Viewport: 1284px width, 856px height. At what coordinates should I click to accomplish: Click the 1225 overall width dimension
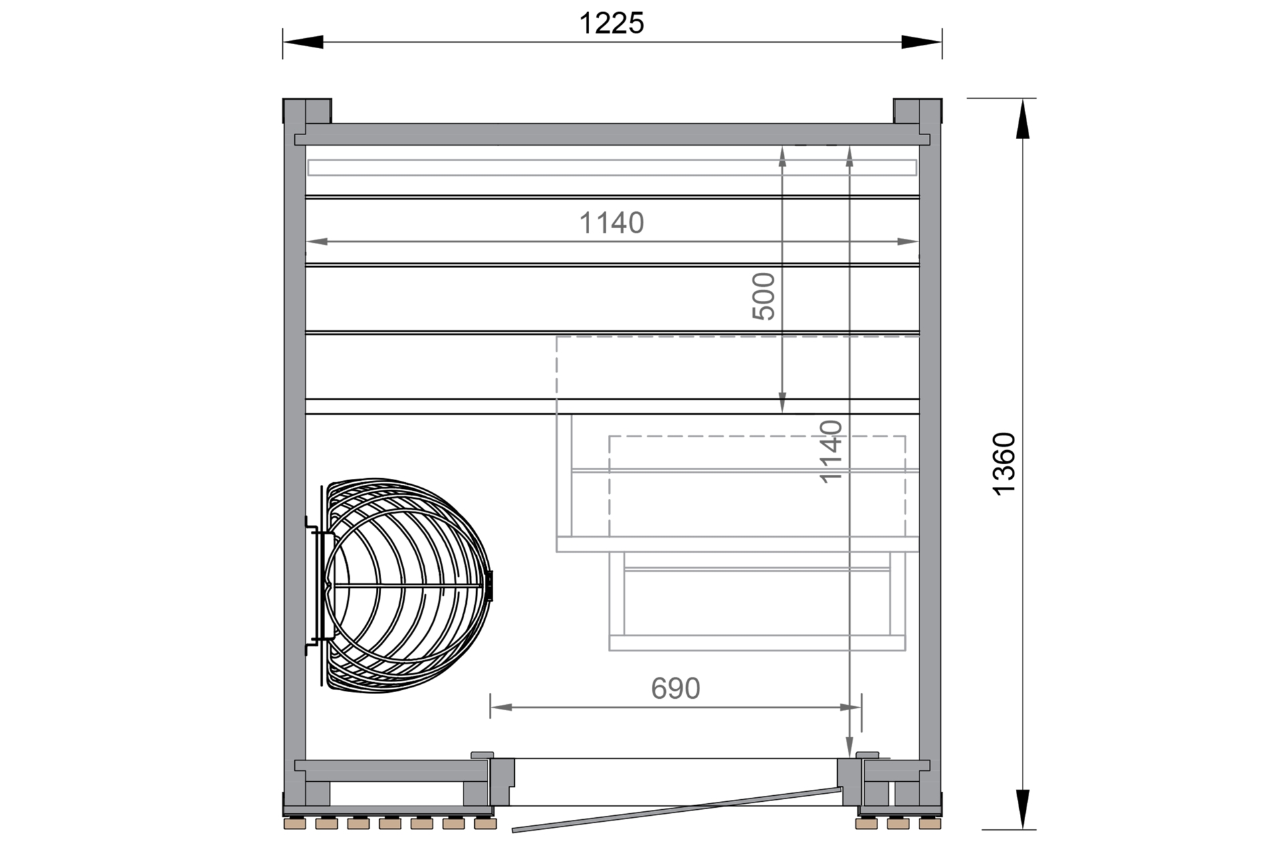[611, 23]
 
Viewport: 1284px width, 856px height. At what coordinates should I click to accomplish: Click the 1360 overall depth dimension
[1004, 463]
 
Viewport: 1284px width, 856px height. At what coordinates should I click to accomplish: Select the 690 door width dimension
[675, 688]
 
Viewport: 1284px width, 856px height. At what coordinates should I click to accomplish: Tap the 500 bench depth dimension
[764, 296]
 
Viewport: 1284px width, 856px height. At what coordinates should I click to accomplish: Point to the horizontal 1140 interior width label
[611, 223]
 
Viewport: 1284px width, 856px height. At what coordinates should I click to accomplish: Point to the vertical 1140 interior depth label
[831, 451]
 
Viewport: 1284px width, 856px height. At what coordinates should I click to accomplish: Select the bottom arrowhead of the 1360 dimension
[1023, 809]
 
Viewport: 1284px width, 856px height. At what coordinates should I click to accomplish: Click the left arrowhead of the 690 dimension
[501, 707]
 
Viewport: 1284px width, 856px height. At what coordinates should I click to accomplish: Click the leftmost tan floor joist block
[295, 824]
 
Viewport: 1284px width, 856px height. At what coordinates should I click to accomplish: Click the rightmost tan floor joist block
[930, 824]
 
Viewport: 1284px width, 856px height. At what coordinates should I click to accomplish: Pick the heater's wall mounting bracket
[313, 585]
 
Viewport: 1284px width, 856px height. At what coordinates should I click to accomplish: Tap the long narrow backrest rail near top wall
[611, 167]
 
